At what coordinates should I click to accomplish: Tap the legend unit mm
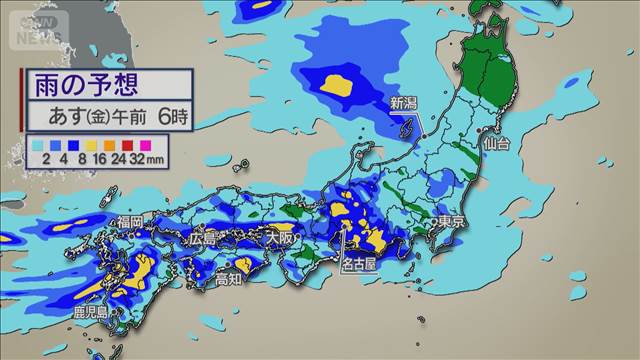(155, 158)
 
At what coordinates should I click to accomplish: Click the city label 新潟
(404, 103)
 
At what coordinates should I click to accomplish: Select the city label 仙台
(497, 143)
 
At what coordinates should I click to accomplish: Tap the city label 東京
(451, 221)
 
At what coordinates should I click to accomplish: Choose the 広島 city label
(203, 239)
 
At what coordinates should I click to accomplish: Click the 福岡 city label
(130, 221)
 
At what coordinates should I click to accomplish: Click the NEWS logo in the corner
(41, 37)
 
